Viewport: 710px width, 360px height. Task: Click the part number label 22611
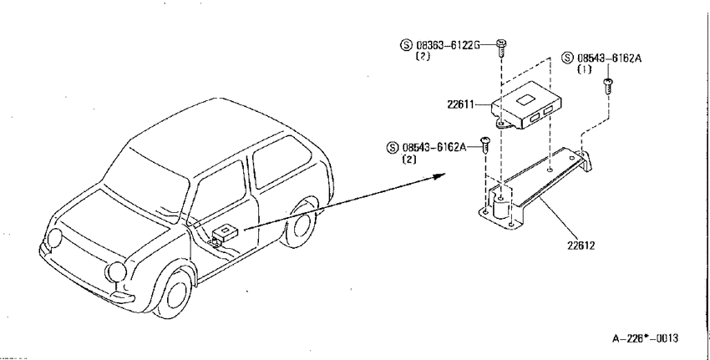(x=460, y=104)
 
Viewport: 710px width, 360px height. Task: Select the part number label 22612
(x=581, y=246)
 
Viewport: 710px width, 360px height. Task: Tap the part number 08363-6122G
(x=448, y=45)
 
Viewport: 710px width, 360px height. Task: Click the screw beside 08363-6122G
(x=501, y=48)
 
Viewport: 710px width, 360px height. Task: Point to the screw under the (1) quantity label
(x=607, y=86)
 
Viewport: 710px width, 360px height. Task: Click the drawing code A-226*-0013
(x=645, y=338)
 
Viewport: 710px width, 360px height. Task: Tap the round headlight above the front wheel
(x=116, y=271)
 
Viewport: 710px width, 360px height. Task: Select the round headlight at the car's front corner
(x=55, y=238)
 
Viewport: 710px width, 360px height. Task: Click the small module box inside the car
(x=225, y=233)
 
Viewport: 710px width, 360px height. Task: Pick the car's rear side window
(x=281, y=162)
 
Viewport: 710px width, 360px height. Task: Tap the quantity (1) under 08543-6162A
(x=584, y=69)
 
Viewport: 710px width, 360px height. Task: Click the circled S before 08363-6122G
(x=406, y=45)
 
